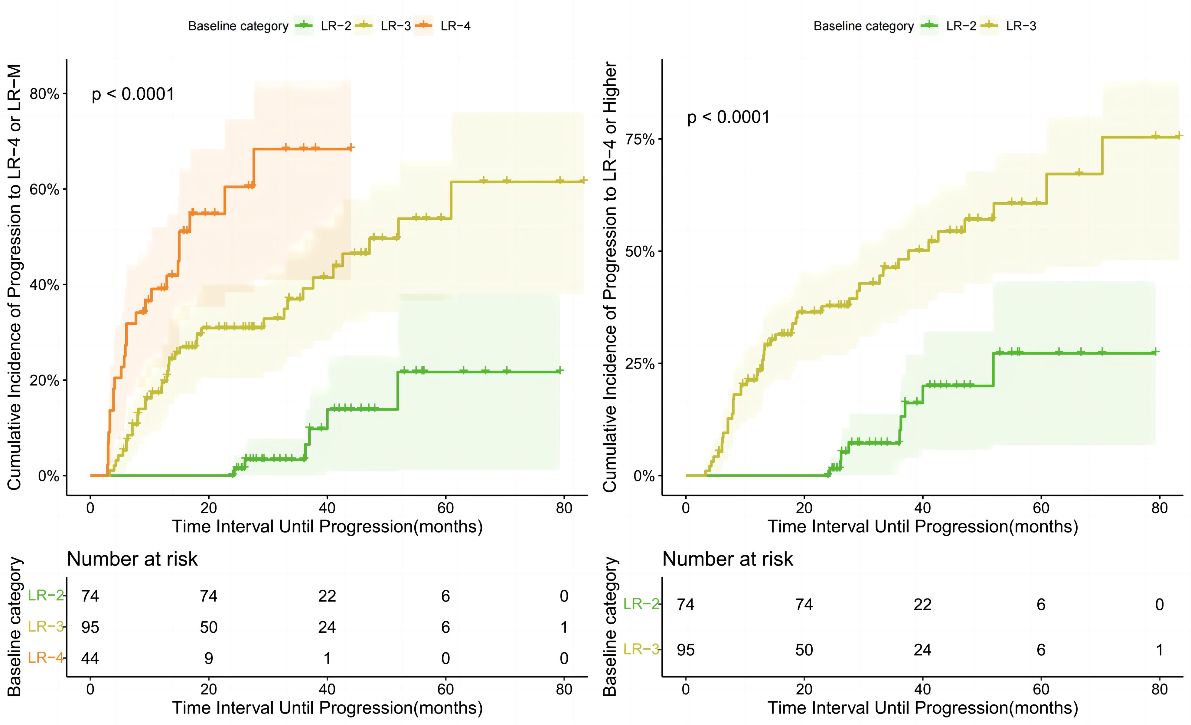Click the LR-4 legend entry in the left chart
tap(455, 26)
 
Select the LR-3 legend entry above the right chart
tap(1020, 26)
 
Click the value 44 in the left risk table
tap(90, 658)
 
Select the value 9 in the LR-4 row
tap(208, 658)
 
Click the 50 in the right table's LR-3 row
tap(804, 650)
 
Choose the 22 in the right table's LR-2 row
tap(922, 605)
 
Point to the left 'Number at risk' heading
tap(132, 559)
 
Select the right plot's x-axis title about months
tap(923, 526)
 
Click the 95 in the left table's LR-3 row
tap(90, 627)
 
